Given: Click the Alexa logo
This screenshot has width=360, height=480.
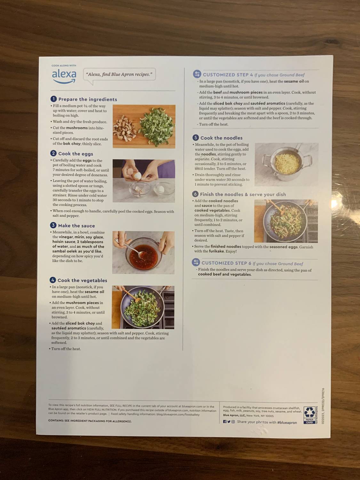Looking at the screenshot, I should pyautogui.click(x=64, y=76).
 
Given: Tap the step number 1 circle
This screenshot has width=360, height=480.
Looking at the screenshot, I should pyautogui.click(x=54, y=99).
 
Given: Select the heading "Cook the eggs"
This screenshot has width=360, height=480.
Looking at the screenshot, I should pyautogui.click(x=76, y=154).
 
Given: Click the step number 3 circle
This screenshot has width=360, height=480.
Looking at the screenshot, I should pyautogui.click(x=53, y=225).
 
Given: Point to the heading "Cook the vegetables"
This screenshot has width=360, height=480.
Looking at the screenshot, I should pyautogui.click(x=82, y=280).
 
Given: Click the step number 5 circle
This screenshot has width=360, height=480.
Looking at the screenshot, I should pyautogui.click(x=196, y=138).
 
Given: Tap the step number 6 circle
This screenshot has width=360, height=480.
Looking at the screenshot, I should pyautogui.click(x=195, y=194).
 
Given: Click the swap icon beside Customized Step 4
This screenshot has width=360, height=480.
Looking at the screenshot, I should pyautogui.click(x=197, y=74).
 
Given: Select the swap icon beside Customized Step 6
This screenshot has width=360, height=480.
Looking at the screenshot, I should pyautogui.click(x=196, y=263).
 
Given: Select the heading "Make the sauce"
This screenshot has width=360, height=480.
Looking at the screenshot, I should pyautogui.click(x=76, y=226).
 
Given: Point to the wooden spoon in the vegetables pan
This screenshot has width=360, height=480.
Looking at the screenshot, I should pyautogui.click(x=131, y=296).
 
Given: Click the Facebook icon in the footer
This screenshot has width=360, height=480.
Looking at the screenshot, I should pyautogui.click(x=225, y=422).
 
